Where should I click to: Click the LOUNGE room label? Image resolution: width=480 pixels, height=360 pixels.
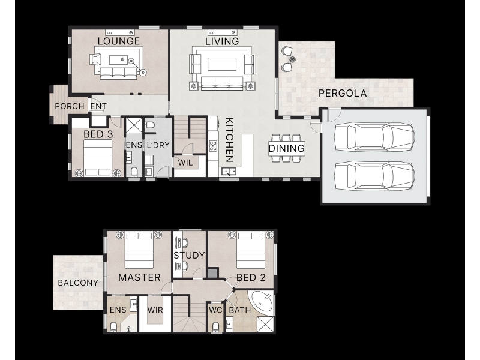click(x=118, y=41)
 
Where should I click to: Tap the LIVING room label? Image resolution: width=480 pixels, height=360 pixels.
click(x=222, y=41)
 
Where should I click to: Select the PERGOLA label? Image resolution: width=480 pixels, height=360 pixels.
click(x=343, y=93)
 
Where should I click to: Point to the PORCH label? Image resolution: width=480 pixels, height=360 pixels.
click(x=70, y=106)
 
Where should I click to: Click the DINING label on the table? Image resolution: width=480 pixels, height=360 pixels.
click(x=287, y=148)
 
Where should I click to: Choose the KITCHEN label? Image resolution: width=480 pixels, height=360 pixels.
click(x=230, y=140)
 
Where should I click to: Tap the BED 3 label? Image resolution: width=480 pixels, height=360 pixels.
click(x=98, y=134)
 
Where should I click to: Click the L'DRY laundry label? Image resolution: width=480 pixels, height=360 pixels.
click(x=158, y=145)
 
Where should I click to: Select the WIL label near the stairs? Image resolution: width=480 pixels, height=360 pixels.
click(x=185, y=163)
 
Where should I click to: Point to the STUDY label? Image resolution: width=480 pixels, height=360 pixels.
click(x=189, y=256)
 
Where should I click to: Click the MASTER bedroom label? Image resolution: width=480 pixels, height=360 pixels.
click(x=139, y=277)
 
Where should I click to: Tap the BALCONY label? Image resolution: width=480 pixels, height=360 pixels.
click(x=78, y=283)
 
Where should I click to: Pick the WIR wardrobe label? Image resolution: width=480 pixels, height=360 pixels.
click(x=155, y=310)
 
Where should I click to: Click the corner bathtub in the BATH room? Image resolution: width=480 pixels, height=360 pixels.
click(x=262, y=301)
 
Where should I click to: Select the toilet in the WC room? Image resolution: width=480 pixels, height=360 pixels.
click(x=215, y=326)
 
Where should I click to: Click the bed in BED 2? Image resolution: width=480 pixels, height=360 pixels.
click(x=250, y=250)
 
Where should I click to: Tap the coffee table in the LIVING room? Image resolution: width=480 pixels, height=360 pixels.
click(x=222, y=64)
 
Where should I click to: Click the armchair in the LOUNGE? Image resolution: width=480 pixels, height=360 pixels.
click(x=95, y=59)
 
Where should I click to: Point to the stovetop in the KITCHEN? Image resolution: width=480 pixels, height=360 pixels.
click(x=213, y=146)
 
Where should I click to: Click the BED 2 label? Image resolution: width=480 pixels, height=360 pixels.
click(x=251, y=277)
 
